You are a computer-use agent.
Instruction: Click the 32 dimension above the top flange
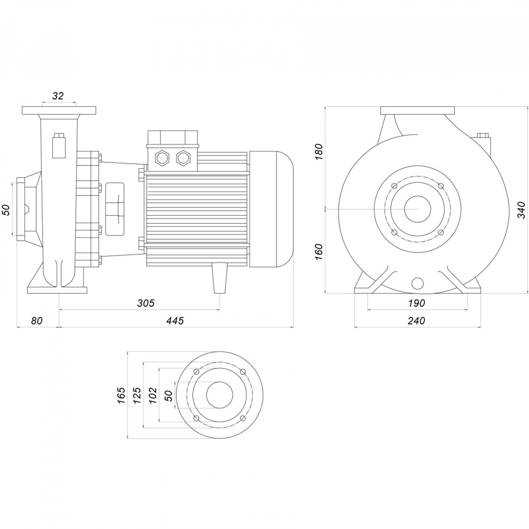(x=58, y=96)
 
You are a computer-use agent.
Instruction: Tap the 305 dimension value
(x=145, y=303)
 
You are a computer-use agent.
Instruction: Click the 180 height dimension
(x=318, y=152)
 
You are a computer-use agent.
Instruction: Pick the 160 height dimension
(x=318, y=250)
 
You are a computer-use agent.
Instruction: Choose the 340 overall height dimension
(x=521, y=210)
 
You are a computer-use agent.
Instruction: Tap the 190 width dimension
(x=417, y=303)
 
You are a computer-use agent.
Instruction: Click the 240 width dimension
(x=417, y=321)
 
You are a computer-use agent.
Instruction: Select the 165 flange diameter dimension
(x=121, y=395)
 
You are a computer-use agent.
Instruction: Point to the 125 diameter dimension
(x=136, y=395)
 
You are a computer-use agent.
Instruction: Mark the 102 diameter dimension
(x=153, y=395)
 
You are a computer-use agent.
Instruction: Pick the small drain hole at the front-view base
(x=417, y=284)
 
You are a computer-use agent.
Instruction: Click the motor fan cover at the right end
(x=271, y=209)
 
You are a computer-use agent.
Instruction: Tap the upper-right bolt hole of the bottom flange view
(x=243, y=372)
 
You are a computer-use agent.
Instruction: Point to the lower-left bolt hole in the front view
(x=394, y=233)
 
